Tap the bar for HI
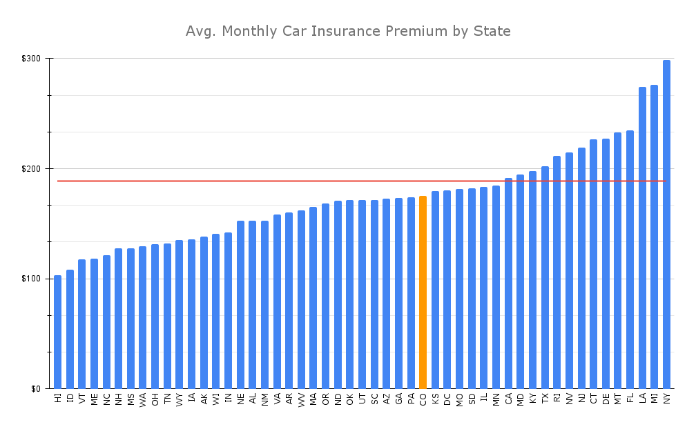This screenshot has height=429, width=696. tap(58, 332)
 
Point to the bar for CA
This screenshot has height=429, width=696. tap(508, 283)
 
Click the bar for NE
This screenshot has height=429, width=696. tap(240, 304)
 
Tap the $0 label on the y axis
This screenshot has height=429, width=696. tap(36, 389)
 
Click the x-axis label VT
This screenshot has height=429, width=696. tap(82, 399)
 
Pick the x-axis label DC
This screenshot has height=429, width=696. tap(447, 399)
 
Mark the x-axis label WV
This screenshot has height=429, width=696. tap(301, 399)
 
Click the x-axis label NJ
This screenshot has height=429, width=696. tap(581, 399)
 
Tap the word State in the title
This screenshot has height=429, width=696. tap(492, 32)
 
